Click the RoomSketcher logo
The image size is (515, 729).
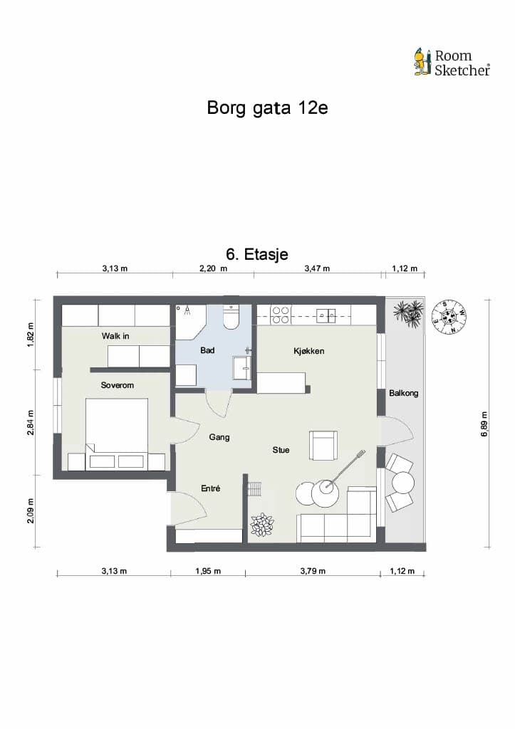pyautogui.click(x=452, y=63)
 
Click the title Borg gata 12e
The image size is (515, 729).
pyautogui.click(x=268, y=108)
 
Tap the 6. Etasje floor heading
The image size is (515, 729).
pyautogui.click(x=257, y=254)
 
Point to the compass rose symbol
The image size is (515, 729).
pyautogui.click(x=449, y=317)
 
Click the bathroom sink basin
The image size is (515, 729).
pyautogui.click(x=242, y=367)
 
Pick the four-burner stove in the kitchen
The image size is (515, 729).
pyautogui.click(x=281, y=315)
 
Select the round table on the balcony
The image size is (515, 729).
pyautogui.click(x=403, y=483)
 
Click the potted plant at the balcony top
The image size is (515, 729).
pyautogui.click(x=408, y=313)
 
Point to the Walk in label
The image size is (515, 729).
pyautogui.click(x=115, y=336)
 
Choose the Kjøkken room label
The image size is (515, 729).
pyautogui.click(x=309, y=351)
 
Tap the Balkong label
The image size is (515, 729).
pyautogui.click(x=403, y=393)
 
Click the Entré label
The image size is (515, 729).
pyautogui.click(x=211, y=488)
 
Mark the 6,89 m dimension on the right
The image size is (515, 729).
pyautogui.click(x=485, y=424)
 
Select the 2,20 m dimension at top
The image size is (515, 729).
pyautogui.click(x=214, y=268)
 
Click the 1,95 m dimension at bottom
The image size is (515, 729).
pyautogui.click(x=208, y=571)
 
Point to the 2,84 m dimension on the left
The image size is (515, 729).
pyautogui.click(x=31, y=423)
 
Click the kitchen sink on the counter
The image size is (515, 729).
pyautogui.click(x=326, y=315)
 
